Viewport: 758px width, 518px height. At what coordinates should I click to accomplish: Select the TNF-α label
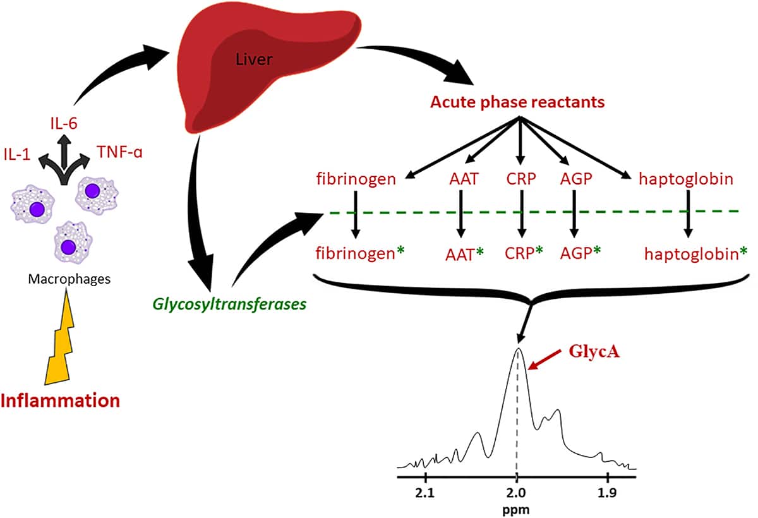[123, 151]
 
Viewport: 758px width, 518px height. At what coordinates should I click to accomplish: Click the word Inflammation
[61, 401]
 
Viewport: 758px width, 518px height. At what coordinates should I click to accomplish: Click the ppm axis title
[516, 508]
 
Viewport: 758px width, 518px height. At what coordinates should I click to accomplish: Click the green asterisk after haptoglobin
[743, 253]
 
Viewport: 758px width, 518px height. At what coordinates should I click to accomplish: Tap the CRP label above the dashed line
[520, 179]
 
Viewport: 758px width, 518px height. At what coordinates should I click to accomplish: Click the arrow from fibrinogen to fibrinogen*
[355, 215]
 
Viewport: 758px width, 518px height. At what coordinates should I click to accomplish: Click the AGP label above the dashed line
[575, 179]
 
